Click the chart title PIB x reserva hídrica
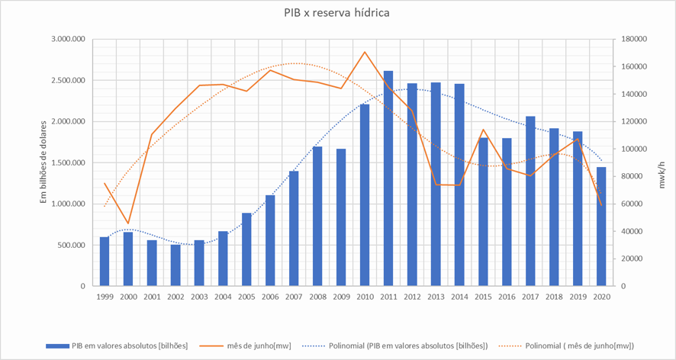point(337,13)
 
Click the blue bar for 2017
point(530,201)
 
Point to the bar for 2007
point(294,229)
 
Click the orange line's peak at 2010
point(365,52)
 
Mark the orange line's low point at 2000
point(128,223)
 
